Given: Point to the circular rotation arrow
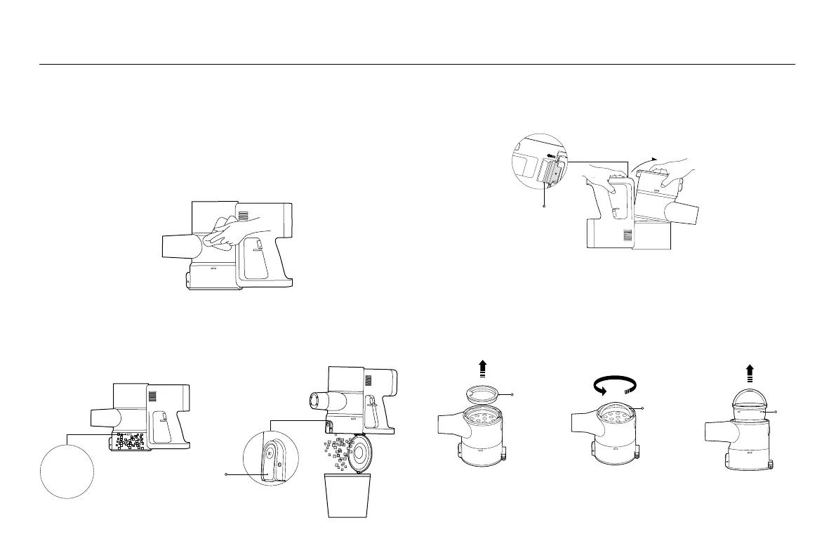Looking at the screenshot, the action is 615,385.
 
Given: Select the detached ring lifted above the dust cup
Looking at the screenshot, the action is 484,395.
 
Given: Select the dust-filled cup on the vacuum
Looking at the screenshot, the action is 126,441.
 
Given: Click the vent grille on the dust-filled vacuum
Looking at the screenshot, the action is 151,395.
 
